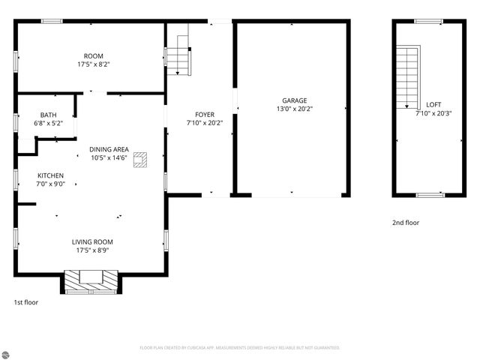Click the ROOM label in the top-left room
click(x=94, y=56)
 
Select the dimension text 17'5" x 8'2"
click(x=94, y=65)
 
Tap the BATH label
click(x=48, y=115)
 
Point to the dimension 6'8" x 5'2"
click(x=48, y=123)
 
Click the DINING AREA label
click(x=109, y=149)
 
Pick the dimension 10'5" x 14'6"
click(x=109, y=157)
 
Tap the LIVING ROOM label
click(x=92, y=241)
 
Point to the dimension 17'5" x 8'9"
click(x=92, y=250)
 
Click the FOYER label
click(x=205, y=115)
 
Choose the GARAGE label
click(x=294, y=100)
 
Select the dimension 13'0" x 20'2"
click(x=294, y=109)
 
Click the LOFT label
click(x=433, y=105)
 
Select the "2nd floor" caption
click(x=406, y=223)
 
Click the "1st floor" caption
click(x=25, y=302)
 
